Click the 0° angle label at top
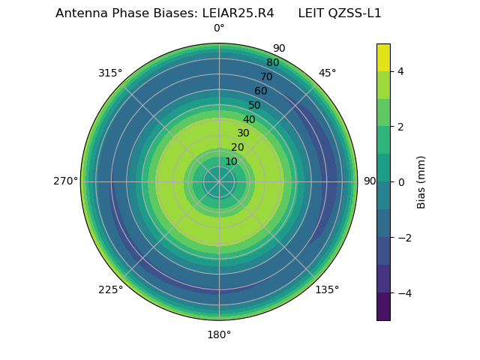[x=219, y=28]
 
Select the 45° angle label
[x=327, y=73]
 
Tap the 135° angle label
[x=327, y=289]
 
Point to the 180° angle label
[x=219, y=334]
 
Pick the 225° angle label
[x=110, y=289]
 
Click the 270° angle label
[x=65, y=181]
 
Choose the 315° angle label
[x=110, y=73]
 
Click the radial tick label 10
[x=231, y=162]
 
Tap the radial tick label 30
[x=243, y=133]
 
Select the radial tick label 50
[x=255, y=106]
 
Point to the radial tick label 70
[x=266, y=77]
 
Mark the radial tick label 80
[x=272, y=63]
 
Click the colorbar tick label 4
[x=401, y=71]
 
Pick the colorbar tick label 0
[x=401, y=181]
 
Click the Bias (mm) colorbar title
[x=421, y=181]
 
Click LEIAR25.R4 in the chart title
[x=238, y=13]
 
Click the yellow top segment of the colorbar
[x=383, y=57]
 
